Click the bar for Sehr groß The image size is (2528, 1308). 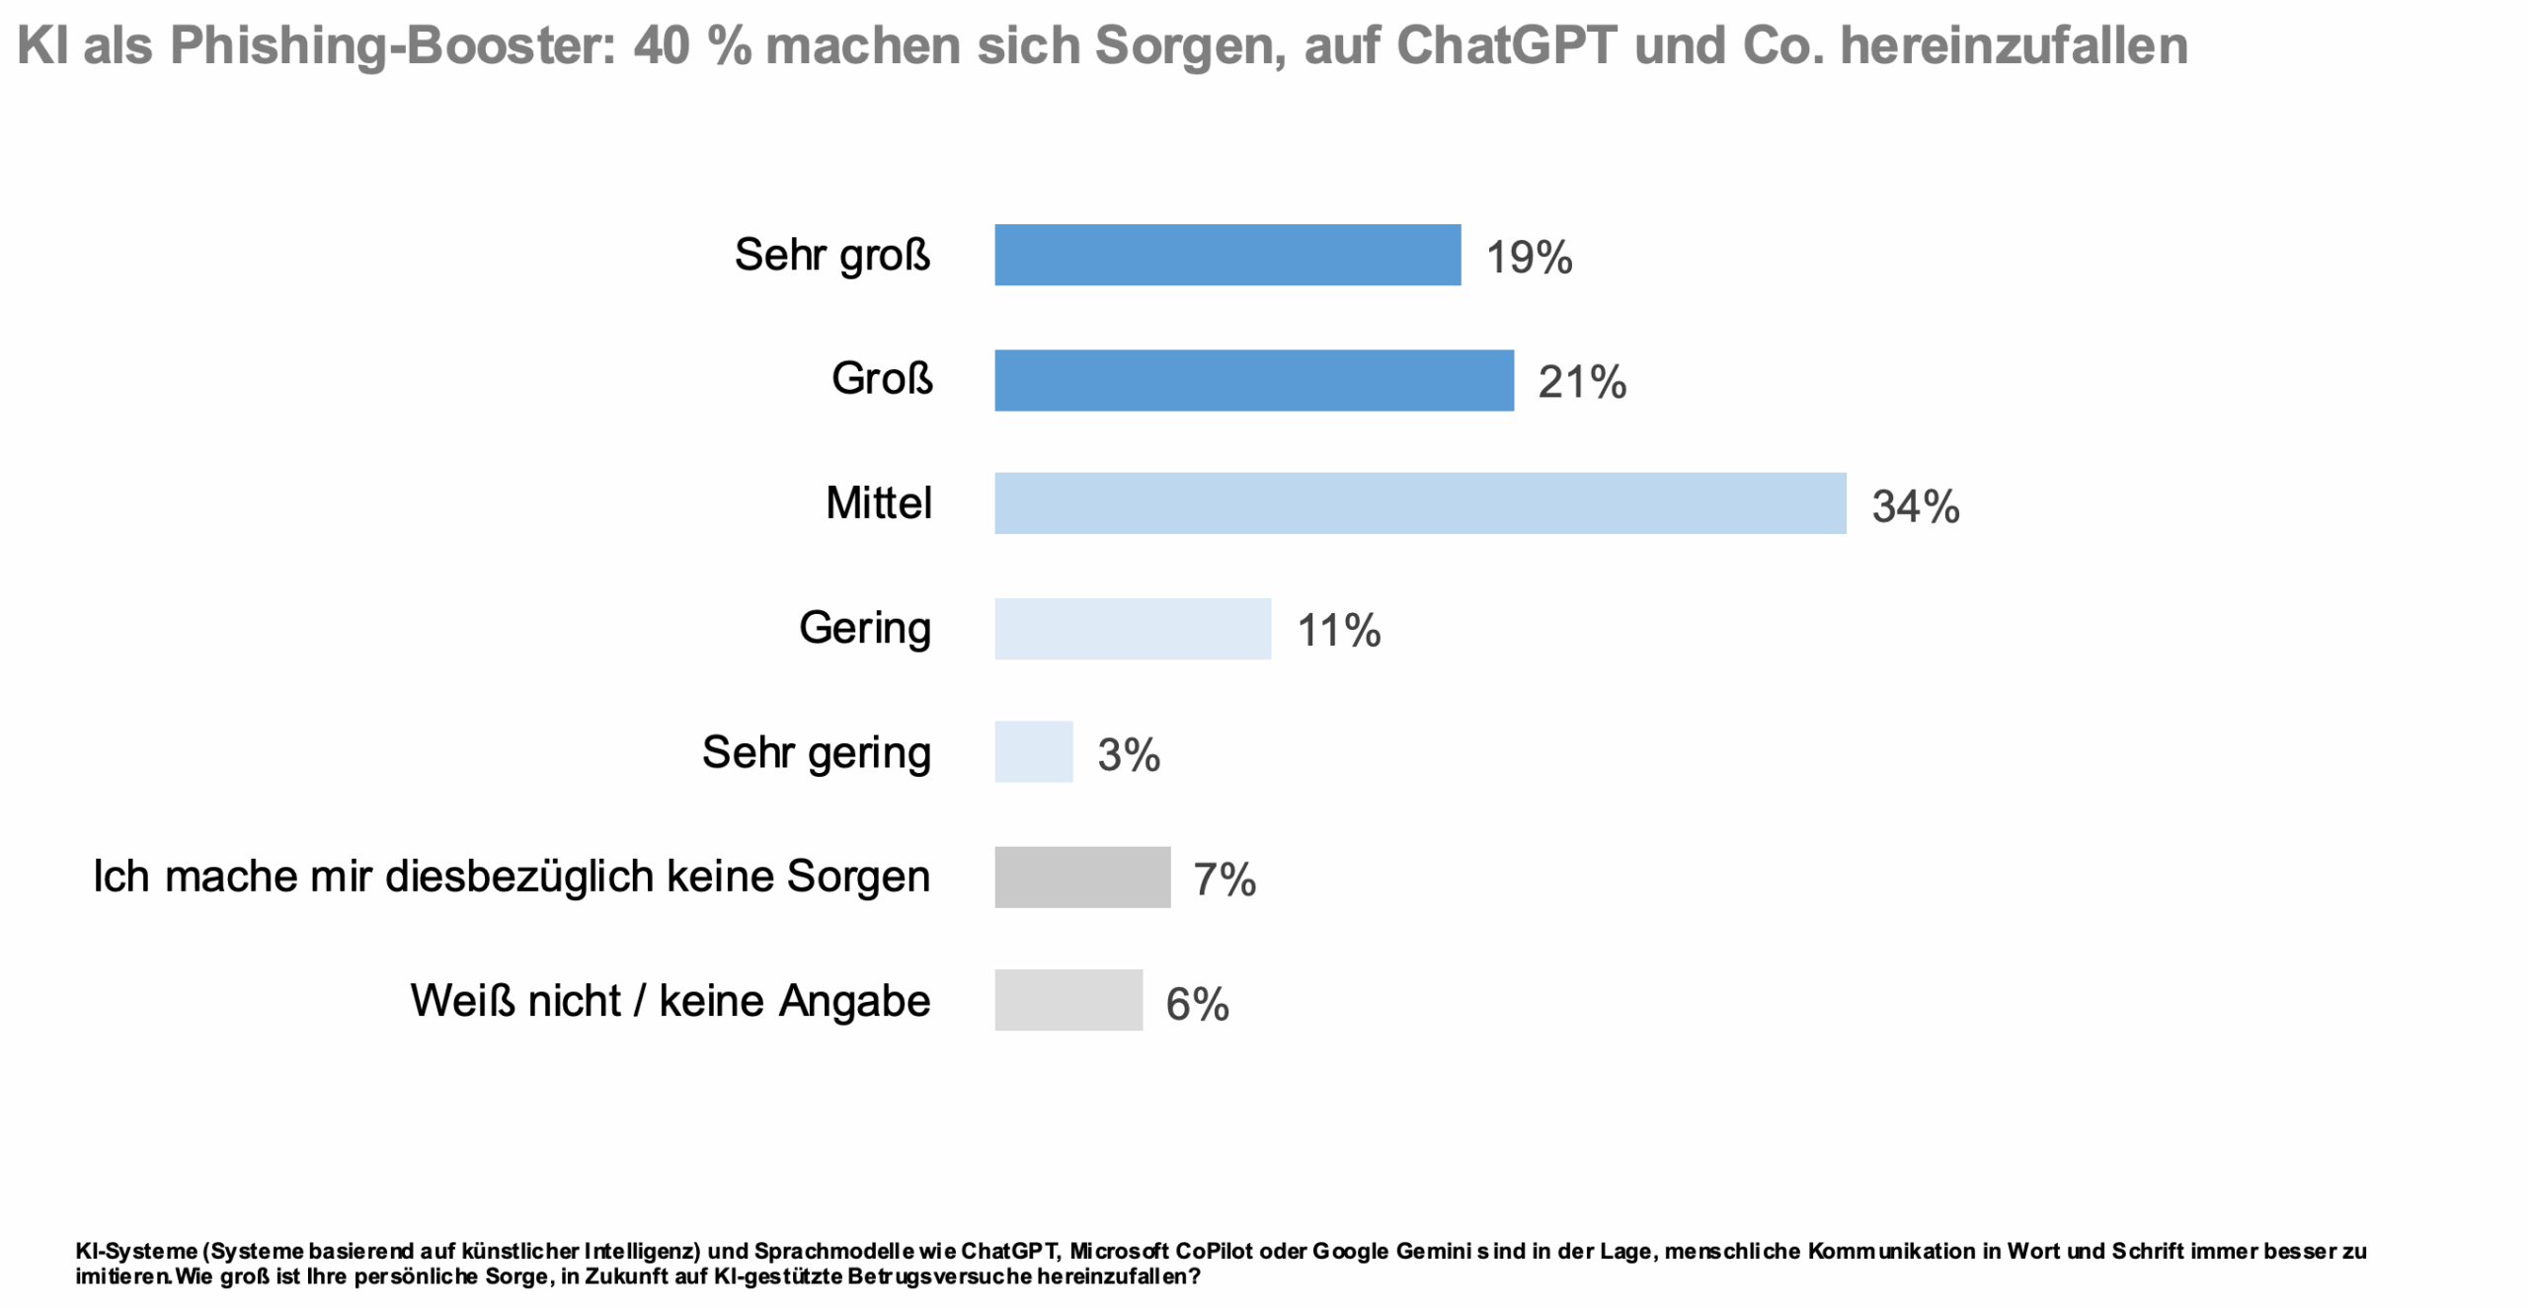point(1226,255)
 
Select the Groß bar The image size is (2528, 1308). point(1253,380)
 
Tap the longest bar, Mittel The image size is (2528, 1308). point(1419,503)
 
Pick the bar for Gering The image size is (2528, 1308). point(1132,629)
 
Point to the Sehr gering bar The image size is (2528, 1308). point(1033,752)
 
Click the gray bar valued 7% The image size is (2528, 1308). point(1081,877)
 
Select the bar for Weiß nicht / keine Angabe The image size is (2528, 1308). point(1067,1000)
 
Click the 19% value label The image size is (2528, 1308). point(1529,258)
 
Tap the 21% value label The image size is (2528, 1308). point(1582,382)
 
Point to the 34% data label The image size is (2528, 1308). point(1916,506)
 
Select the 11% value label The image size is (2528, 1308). point(1338,631)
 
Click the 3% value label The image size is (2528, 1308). point(1129,755)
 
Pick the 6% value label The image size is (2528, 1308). point(1197,1004)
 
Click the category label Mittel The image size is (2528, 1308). point(878,503)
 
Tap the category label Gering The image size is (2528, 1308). point(864,628)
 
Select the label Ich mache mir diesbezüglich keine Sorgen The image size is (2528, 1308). point(512,877)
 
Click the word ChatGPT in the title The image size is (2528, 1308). point(1506,45)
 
